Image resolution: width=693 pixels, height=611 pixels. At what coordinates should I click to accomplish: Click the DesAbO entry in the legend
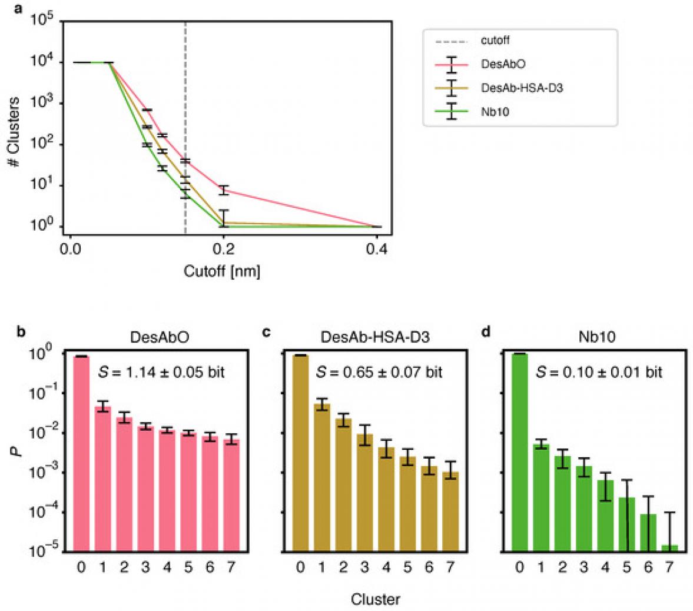[x=495, y=64]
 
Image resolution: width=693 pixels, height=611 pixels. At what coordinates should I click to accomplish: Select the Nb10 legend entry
[x=495, y=111]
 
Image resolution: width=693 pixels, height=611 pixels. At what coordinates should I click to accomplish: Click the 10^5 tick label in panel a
[x=42, y=21]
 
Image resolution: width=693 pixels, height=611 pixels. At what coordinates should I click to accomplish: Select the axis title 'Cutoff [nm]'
[x=222, y=271]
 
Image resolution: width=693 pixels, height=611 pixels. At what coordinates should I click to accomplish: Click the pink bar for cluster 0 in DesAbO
[x=82, y=453]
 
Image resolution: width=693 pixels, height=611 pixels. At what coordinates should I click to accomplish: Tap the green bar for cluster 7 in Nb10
[x=669, y=548]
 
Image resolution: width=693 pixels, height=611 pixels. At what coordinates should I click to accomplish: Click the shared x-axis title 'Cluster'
[x=376, y=600]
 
